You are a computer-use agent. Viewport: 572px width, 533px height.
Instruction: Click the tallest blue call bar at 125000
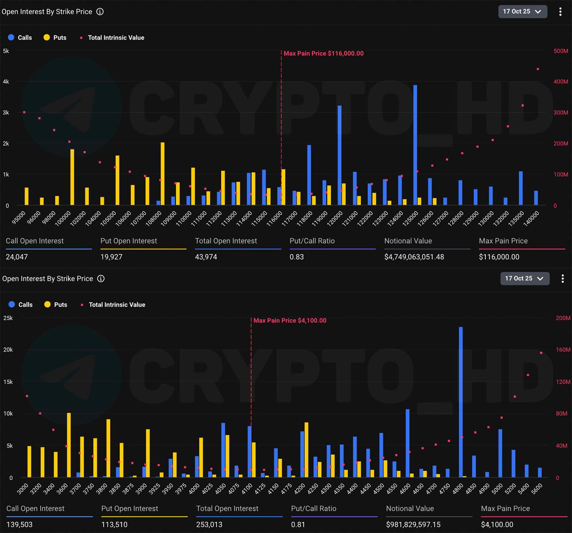pyautogui.click(x=415, y=145)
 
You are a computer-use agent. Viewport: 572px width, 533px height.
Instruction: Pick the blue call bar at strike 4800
pyautogui.click(x=461, y=402)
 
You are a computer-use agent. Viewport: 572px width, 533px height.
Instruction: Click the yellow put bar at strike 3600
pyautogui.click(x=69, y=445)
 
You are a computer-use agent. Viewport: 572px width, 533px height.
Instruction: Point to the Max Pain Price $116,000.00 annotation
pyautogui.click(x=324, y=54)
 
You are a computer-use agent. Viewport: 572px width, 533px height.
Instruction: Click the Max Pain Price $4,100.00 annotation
pyautogui.click(x=290, y=321)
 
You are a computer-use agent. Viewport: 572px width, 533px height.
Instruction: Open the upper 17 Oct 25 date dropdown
pyautogui.click(x=522, y=12)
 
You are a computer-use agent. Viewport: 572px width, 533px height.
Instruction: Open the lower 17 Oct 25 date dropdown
pyautogui.click(x=525, y=279)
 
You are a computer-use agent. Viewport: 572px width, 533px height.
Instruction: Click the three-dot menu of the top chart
pyautogui.click(x=560, y=12)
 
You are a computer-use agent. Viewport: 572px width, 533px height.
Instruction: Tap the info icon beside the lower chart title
pyautogui.click(x=101, y=279)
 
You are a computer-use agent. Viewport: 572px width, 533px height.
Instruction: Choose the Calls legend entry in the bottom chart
pyautogui.click(x=20, y=305)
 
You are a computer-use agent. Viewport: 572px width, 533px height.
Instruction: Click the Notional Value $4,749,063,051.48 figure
pyautogui.click(x=414, y=257)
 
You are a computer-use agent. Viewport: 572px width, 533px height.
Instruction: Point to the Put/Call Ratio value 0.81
pyautogui.click(x=298, y=525)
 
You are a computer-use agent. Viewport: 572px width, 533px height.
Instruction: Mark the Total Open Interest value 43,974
pyautogui.click(x=206, y=257)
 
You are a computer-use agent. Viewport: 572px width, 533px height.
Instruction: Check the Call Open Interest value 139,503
pyautogui.click(x=20, y=525)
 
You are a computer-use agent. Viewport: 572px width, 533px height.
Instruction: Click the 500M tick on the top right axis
pyautogui.click(x=561, y=51)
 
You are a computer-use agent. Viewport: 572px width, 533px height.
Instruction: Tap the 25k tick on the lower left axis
pyautogui.click(x=8, y=318)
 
